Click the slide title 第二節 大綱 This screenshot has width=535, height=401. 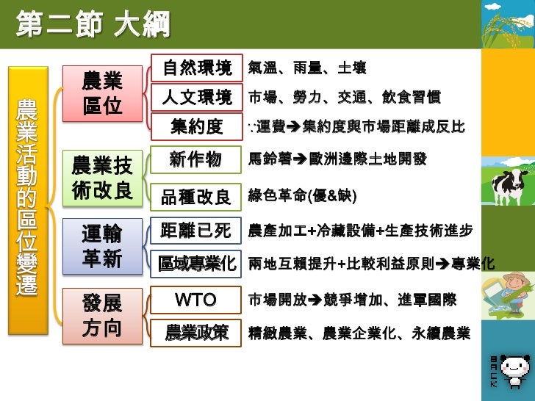[93, 27]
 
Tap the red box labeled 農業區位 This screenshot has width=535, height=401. [101, 93]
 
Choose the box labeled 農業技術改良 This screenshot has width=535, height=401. [101, 177]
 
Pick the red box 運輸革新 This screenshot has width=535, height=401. [101, 246]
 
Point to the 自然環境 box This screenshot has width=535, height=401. [196, 68]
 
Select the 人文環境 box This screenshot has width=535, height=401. [196, 97]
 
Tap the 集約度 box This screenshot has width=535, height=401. [196, 126]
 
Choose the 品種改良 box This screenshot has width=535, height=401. [195, 196]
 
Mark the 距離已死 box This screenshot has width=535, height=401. [195, 231]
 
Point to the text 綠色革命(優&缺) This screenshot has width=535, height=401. [302, 196]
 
